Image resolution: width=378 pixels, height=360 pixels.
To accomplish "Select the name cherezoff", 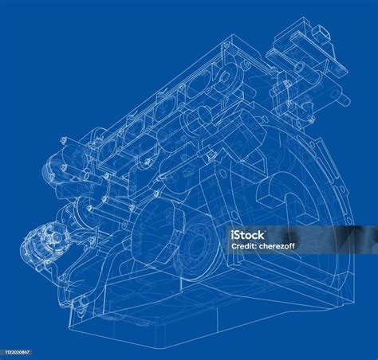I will click(277, 246).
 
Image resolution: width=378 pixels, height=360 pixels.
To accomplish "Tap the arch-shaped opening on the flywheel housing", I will click(281, 199).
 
